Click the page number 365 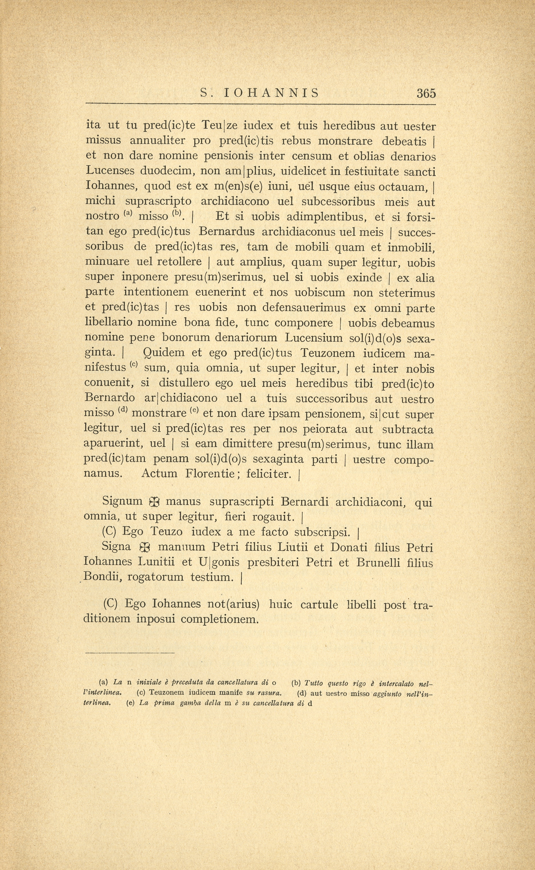[x=426, y=93]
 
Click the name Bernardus [x=227, y=232]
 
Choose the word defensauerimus [x=304, y=308]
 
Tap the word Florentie [x=210, y=474]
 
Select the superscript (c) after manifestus [x=133, y=365]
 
